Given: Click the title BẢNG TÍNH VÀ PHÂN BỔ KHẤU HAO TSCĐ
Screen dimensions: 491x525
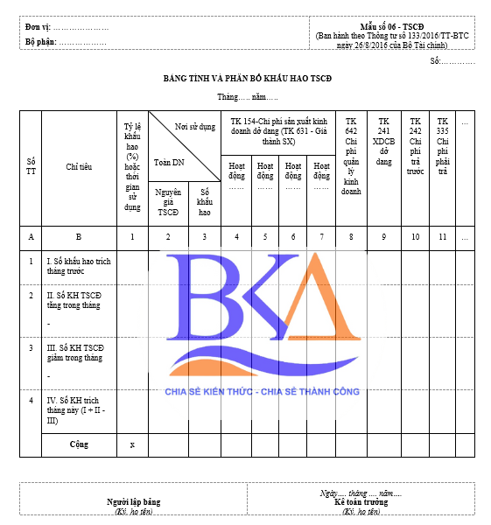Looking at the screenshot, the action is [248, 79].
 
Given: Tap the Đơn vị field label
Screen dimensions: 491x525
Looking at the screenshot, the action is [38, 28].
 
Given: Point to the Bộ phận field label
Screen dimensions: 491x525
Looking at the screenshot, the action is [41, 41].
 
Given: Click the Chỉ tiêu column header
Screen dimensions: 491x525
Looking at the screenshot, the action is [79, 166].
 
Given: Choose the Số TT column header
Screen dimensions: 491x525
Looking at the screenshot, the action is [32, 166].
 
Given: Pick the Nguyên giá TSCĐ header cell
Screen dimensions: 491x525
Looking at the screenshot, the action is [167, 201].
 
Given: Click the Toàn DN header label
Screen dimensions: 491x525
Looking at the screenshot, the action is [170, 163].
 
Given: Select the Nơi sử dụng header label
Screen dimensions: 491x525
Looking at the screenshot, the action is [195, 127].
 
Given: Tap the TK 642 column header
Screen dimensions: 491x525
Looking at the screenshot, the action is [351, 155].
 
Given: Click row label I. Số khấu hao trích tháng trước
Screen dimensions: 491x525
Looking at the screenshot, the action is [80, 266].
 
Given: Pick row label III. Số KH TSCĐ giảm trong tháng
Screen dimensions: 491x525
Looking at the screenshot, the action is [76, 353].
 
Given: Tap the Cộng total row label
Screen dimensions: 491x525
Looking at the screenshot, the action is [80, 444].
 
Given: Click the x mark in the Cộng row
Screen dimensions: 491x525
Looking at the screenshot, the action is [132, 444].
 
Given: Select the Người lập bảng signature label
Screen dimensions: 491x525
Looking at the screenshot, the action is [134, 502].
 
